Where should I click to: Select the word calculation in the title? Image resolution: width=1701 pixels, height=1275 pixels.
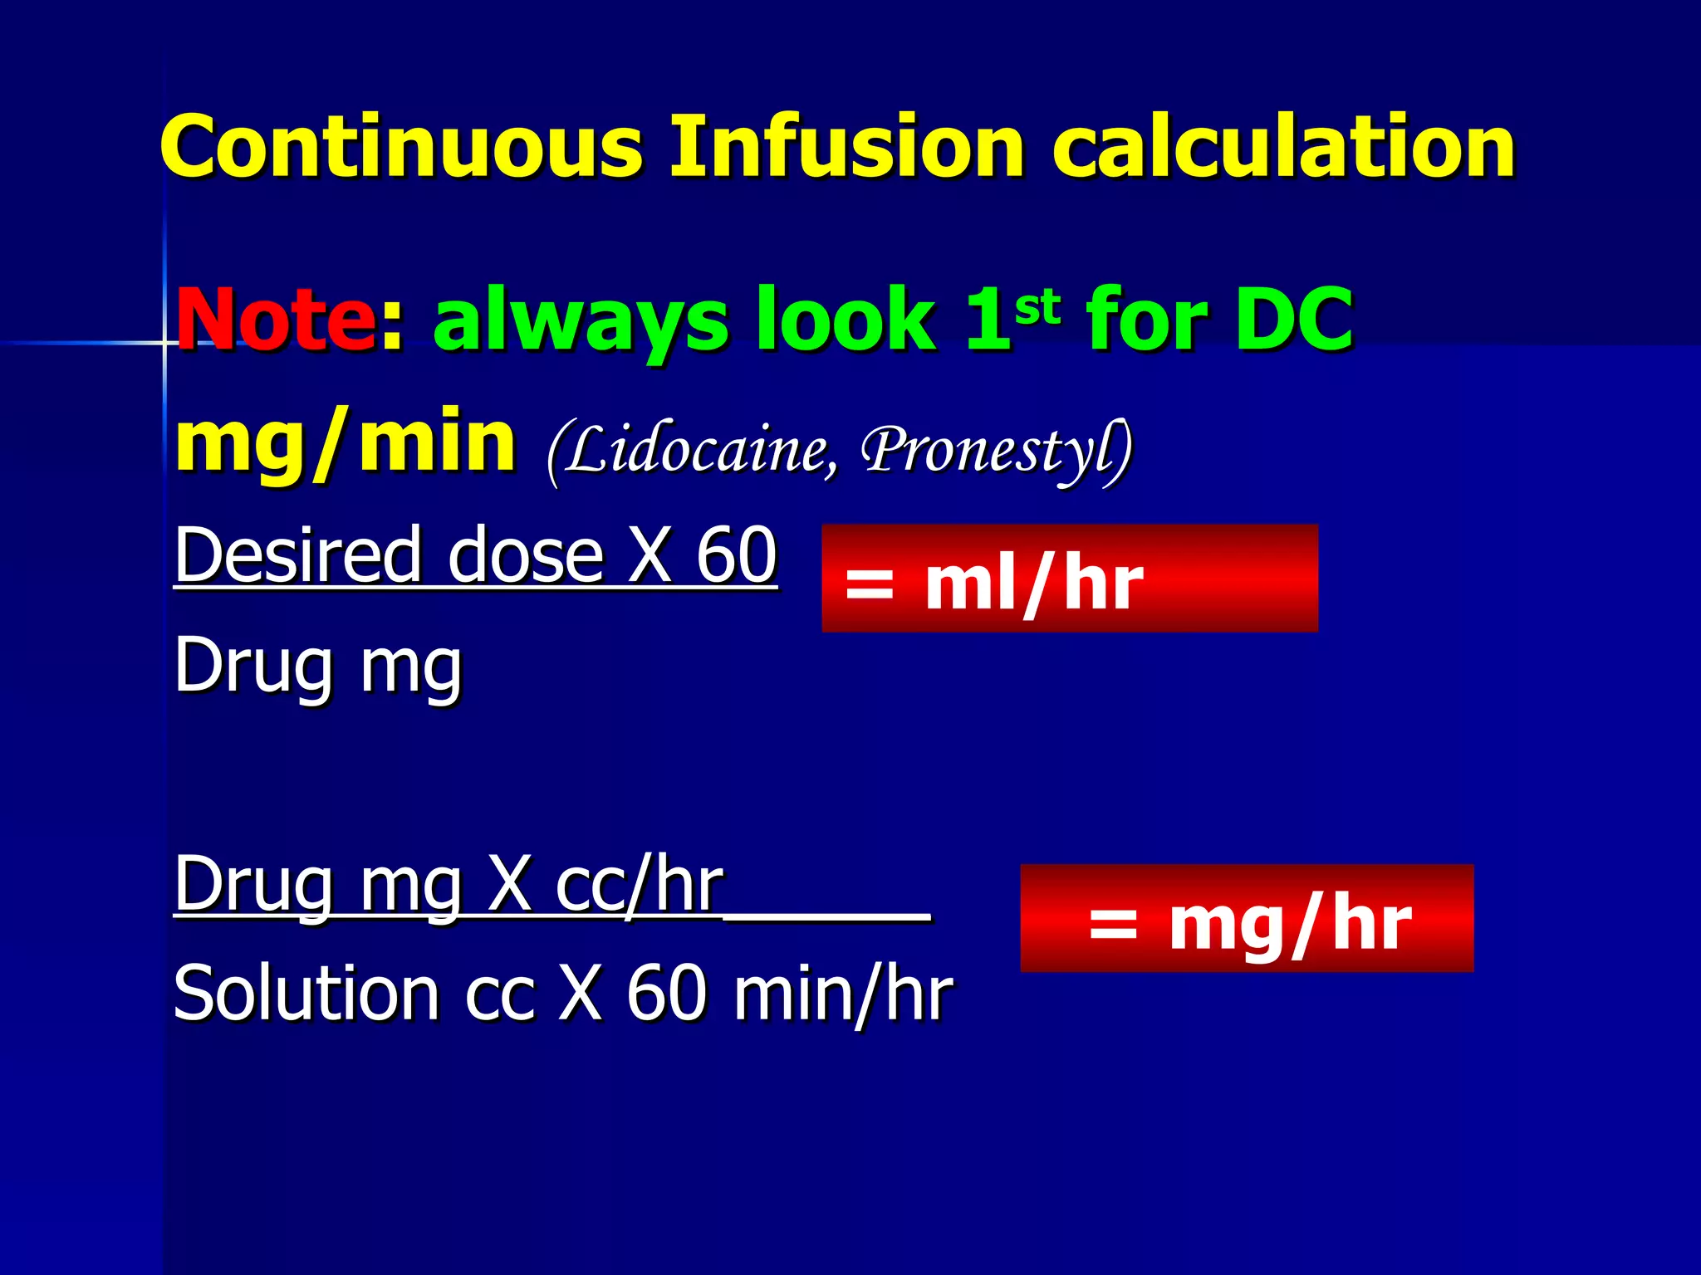tap(1284, 147)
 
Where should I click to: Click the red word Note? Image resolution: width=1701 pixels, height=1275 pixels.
tap(275, 320)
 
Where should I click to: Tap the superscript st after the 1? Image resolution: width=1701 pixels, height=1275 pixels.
tap(1037, 306)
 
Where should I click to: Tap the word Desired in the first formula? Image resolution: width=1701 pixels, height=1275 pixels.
tap(298, 555)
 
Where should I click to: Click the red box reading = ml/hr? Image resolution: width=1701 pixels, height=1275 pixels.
tap(1069, 579)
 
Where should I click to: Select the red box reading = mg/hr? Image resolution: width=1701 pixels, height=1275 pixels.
tap(1247, 918)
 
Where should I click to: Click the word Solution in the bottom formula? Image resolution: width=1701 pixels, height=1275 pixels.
tap(306, 994)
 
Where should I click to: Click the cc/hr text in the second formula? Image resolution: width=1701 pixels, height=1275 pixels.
tap(639, 885)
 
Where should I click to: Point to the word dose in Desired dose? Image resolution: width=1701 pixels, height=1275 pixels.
tap(525, 555)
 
